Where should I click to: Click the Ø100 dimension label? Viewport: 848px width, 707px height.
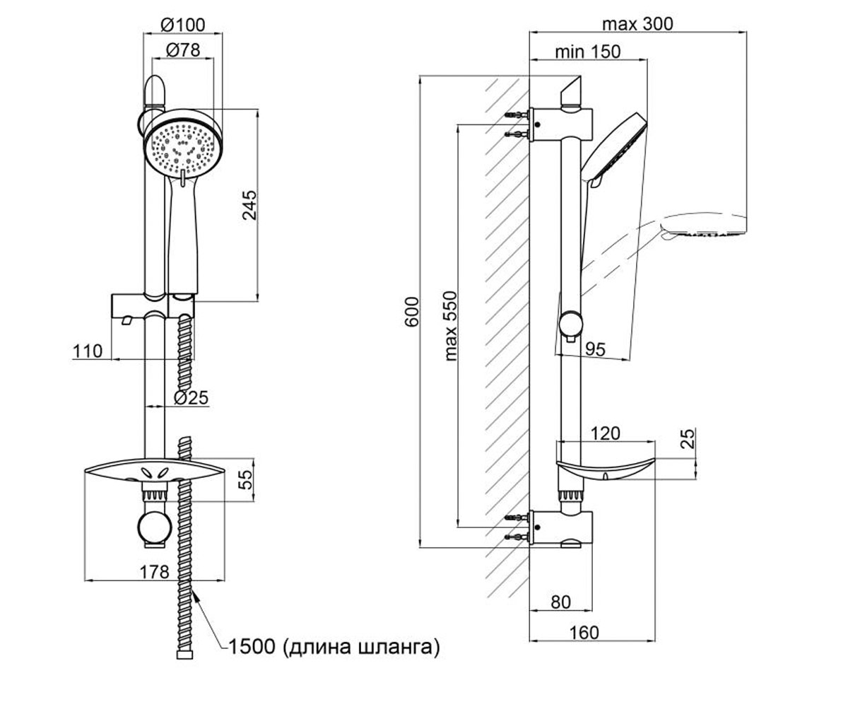click(183, 25)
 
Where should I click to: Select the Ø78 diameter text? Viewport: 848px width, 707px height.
click(183, 50)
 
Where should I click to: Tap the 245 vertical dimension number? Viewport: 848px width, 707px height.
click(249, 205)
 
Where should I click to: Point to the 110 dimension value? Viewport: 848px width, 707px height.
click(88, 351)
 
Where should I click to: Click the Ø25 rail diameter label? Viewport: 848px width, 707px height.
click(191, 397)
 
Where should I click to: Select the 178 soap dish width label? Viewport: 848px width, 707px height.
click(154, 572)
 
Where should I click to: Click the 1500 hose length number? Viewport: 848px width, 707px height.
click(252, 646)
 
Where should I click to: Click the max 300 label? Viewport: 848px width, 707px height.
click(637, 24)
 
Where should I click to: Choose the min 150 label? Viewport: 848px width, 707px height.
click(588, 52)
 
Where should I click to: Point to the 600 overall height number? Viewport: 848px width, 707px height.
click(412, 312)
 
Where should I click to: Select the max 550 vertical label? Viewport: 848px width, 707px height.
click(450, 326)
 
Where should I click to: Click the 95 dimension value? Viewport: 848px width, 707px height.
click(595, 349)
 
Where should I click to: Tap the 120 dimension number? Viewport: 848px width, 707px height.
click(605, 433)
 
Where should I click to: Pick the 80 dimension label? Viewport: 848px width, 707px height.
click(561, 602)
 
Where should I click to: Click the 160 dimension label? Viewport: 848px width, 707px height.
click(584, 632)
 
